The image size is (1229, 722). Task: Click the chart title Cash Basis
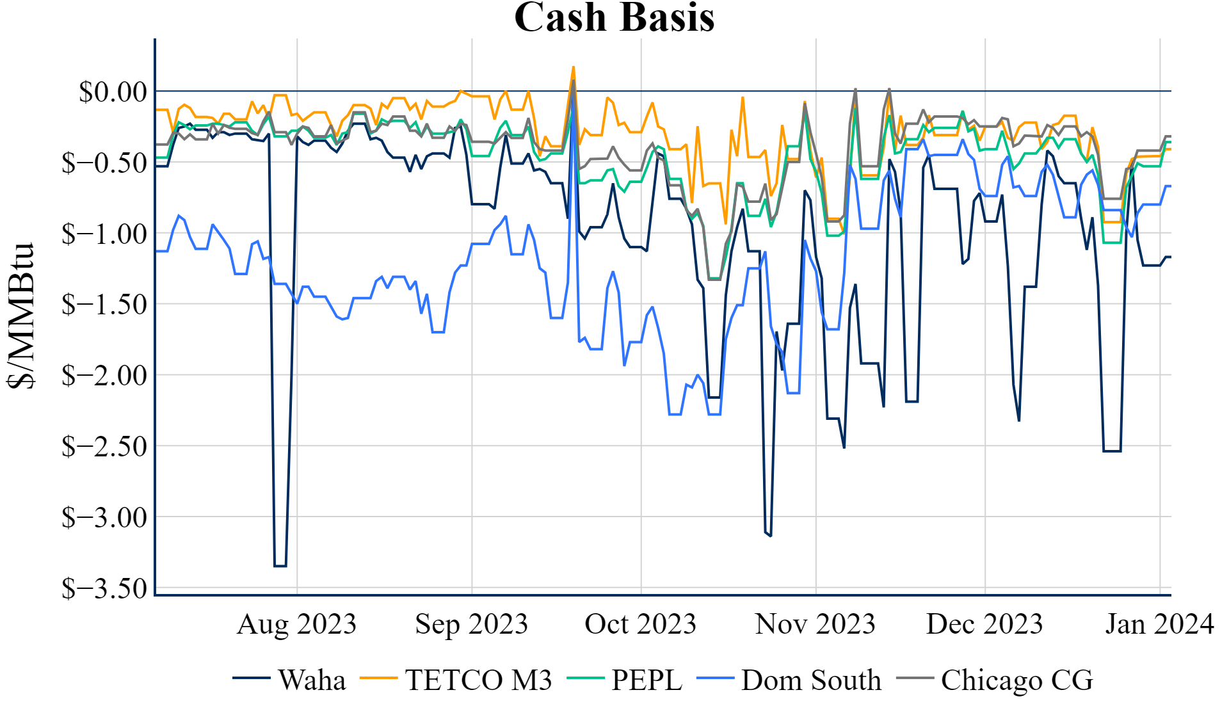coord(614,17)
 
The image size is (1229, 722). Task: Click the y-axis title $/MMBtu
coord(21,315)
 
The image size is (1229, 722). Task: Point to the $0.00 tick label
coord(113,92)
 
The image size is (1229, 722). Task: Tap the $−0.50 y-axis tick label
coord(104,163)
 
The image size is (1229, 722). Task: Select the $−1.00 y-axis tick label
coord(104,234)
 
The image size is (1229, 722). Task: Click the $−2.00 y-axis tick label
coord(104,376)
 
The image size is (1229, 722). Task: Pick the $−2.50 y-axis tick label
coord(104,447)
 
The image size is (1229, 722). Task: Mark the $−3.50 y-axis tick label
coord(104,588)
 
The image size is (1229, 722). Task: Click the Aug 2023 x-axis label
coord(296,624)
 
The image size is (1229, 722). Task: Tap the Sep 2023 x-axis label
coord(472,624)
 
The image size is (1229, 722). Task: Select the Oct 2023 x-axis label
coord(640,624)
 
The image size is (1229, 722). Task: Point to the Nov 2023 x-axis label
coord(815,624)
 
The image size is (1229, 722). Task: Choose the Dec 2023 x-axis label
coord(984,624)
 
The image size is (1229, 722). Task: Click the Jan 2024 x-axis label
coord(1159,624)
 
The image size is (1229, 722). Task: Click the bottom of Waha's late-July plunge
coord(280,566)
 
